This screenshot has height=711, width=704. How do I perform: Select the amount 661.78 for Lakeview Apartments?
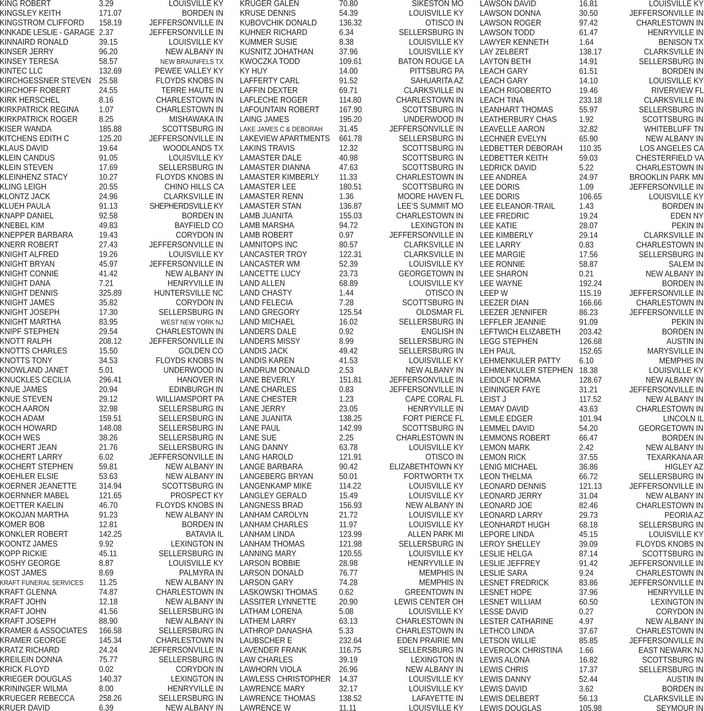(350, 138)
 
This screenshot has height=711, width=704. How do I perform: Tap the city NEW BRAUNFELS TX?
(191, 62)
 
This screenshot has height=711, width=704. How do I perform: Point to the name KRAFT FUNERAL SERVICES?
(42, 583)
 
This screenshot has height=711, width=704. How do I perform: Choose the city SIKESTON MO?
(438, 4)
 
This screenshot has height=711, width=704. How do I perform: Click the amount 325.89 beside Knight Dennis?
(110, 293)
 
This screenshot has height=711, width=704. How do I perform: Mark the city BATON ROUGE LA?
(431, 62)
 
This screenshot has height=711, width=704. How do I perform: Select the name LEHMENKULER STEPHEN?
(526, 370)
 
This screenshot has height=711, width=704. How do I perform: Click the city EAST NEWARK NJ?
(671, 650)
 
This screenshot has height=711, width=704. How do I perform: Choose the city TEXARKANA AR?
(675, 457)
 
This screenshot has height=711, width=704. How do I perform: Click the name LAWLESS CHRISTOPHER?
(285, 679)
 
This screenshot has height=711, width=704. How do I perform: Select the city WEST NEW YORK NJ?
(191, 322)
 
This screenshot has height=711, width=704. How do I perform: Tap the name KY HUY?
(253, 71)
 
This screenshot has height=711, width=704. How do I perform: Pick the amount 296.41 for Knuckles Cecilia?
(110, 380)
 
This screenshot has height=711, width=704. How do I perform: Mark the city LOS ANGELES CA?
(671, 148)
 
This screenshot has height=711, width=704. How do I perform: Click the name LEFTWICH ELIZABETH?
(520, 332)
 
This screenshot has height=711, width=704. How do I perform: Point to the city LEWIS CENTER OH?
(429, 602)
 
